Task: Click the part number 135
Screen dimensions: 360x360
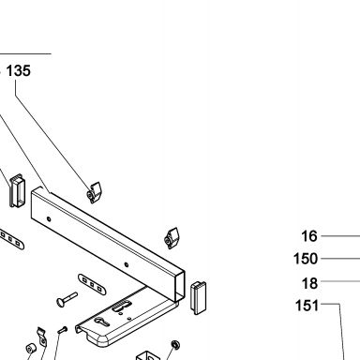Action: click(19, 70)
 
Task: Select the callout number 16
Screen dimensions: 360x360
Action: click(309, 236)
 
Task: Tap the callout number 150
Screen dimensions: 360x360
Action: click(306, 259)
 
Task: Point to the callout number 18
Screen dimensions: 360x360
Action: click(309, 283)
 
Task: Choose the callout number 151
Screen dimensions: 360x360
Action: click(307, 306)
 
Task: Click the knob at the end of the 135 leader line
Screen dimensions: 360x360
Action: click(95, 192)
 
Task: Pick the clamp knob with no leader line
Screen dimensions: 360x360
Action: click(172, 238)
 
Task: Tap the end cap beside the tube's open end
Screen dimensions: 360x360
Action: click(199, 297)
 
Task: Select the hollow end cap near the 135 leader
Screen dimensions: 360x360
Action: click(16, 190)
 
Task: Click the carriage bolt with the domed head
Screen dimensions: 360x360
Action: click(67, 299)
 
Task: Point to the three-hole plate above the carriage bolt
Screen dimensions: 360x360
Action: click(92, 285)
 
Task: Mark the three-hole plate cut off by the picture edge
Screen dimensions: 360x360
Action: click(11, 240)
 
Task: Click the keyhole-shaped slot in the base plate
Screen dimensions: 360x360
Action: click(102, 322)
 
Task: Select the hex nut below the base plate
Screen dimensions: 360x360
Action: click(175, 345)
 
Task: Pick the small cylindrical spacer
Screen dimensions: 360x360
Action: click(31, 348)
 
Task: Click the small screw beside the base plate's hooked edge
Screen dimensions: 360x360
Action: click(63, 330)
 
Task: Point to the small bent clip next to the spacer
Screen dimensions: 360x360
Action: click(42, 337)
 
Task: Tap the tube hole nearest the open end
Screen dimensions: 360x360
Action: click(127, 265)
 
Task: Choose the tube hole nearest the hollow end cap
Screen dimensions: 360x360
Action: click(49, 219)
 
